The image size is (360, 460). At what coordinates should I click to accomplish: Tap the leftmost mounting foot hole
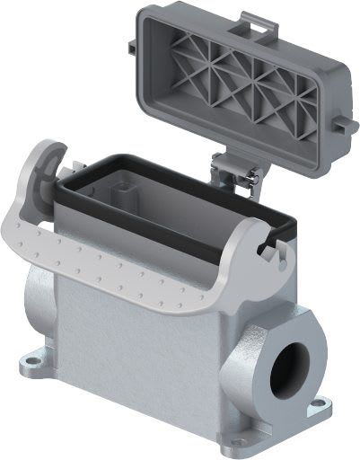[x=30, y=364]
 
